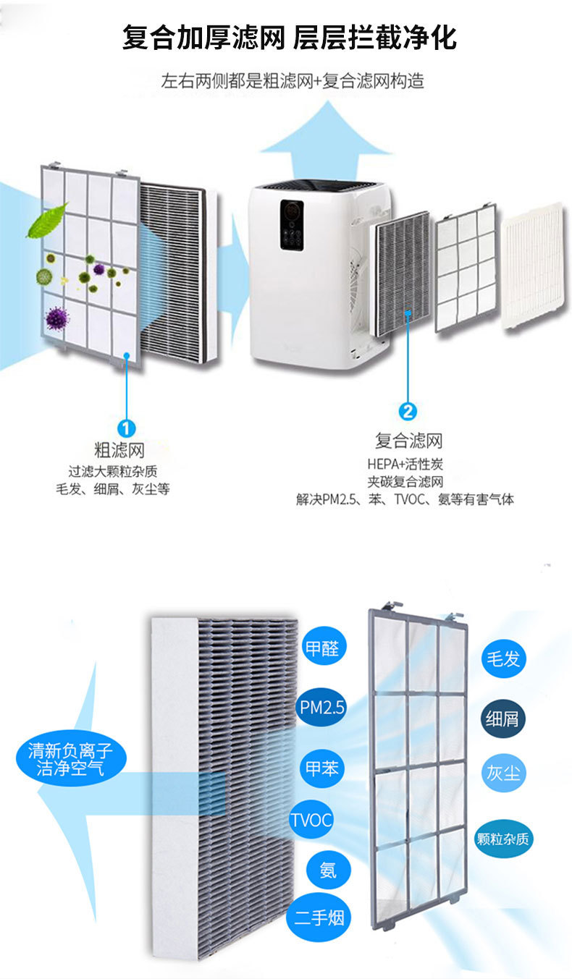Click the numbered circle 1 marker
pyautogui.click(x=126, y=428)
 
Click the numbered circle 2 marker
pyautogui.click(x=408, y=412)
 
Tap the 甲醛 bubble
pyautogui.click(x=322, y=646)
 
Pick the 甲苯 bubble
pyautogui.click(x=322, y=767)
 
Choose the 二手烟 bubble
pyautogui.click(x=319, y=918)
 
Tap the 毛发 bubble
pyautogui.click(x=503, y=658)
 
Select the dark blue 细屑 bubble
pyautogui.click(x=503, y=718)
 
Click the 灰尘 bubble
pyautogui.click(x=503, y=773)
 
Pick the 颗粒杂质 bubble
pyautogui.click(x=503, y=839)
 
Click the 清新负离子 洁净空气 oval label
pyautogui.click(x=70, y=759)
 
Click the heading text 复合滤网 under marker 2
pyautogui.click(x=408, y=440)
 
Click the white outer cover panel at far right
pyautogui.click(x=533, y=266)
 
